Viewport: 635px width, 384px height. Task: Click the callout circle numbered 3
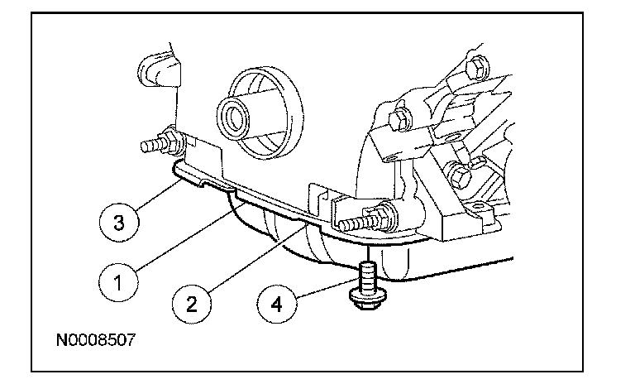point(119,223)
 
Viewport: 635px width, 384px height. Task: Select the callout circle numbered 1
point(118,282)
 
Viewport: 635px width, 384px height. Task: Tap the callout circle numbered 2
point(192,304)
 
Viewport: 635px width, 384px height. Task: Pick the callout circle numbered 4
point(277,304)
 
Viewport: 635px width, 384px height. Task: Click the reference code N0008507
point(96,340)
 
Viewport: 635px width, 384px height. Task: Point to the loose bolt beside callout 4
point(368,285)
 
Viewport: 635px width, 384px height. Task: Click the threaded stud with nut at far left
point(162,142)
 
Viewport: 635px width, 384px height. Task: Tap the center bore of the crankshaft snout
point(235,117)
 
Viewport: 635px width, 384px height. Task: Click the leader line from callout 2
point(258,259)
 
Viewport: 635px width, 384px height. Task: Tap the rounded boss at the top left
point(159,70)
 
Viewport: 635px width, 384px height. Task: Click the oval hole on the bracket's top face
point(451,139)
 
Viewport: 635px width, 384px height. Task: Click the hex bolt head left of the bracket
point(401,119)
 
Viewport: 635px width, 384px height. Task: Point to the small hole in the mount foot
point(479,206)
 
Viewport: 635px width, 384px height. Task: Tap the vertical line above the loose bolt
point(368,253)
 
